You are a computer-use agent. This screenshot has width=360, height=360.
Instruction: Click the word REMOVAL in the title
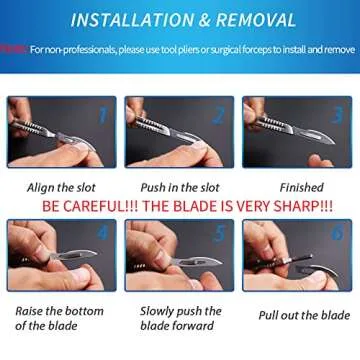coord(257,20)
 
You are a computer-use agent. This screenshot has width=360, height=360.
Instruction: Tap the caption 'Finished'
coord(301,187)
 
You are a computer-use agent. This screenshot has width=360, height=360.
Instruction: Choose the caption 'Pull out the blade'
coord(303,316)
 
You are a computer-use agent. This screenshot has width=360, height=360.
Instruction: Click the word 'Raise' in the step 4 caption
coord(31,311)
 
